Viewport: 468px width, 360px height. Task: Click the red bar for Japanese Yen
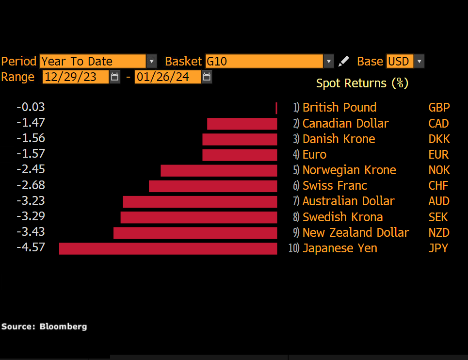point(168,248)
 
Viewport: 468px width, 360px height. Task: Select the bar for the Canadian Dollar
point(242,124)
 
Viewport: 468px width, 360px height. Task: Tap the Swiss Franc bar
point(213,186)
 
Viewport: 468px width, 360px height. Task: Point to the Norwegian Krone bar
point(219,170)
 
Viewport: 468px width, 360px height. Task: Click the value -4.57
point(31,247)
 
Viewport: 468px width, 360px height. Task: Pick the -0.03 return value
point(31,107)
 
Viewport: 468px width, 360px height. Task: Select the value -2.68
point(31,185)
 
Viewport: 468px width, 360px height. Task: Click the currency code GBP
point(439,108)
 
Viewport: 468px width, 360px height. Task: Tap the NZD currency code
point(439,232)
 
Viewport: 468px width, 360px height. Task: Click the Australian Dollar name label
point(348,201)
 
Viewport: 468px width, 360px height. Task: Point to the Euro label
point(314,155)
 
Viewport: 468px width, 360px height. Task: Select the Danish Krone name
point(339,139)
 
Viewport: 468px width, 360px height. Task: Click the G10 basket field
point(264,62)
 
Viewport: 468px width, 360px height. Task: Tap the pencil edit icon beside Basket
point(343,61)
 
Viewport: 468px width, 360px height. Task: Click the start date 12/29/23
point(75,77)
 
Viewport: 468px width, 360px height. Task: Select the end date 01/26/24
point(167,77)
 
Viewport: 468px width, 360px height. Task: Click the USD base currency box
point(400,62)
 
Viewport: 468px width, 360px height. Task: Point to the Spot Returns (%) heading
point(362,83)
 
